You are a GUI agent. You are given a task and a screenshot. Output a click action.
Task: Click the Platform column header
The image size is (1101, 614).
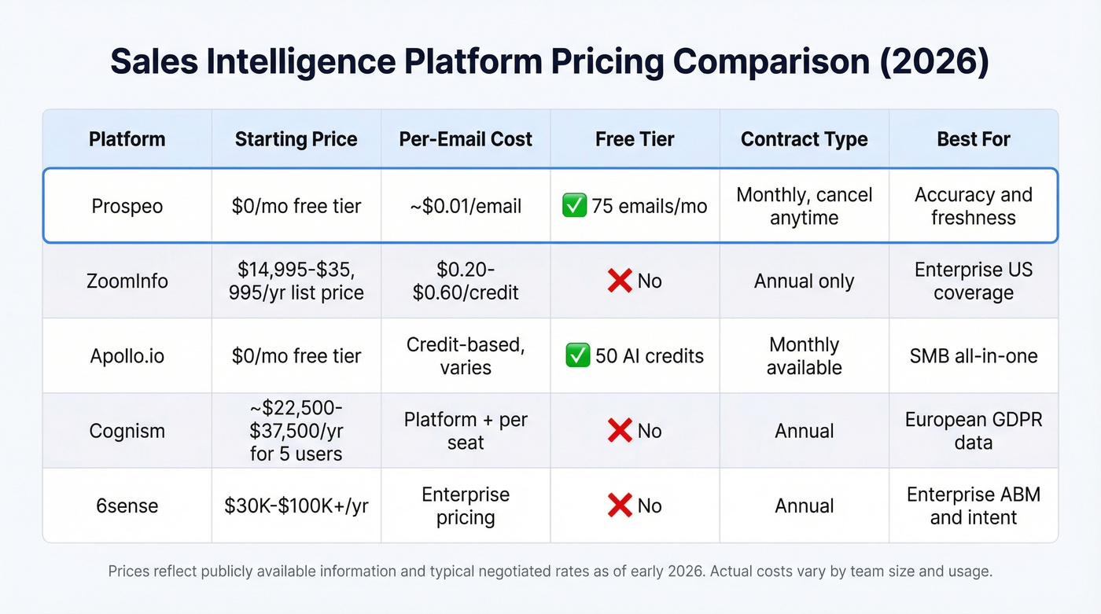coord(127,139)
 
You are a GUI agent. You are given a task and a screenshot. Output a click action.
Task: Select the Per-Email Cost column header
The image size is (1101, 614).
coord(466,139)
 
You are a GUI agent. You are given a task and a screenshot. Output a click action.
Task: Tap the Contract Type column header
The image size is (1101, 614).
coord(804,139)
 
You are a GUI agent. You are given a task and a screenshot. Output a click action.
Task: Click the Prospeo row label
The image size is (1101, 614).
coord(127,206)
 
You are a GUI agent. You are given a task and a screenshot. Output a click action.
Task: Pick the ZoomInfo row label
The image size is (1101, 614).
coord(127,281)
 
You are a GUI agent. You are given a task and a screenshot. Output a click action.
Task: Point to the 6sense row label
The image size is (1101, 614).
coord(127,506)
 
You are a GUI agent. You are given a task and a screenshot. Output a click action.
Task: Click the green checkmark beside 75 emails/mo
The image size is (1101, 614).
coord(574,207)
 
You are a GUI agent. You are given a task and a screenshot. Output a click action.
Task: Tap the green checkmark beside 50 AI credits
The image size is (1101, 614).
coord(578,356)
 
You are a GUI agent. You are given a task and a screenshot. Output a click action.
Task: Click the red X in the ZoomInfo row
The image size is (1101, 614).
coord(620,281)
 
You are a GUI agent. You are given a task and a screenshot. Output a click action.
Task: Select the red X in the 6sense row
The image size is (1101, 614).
coord(620,506)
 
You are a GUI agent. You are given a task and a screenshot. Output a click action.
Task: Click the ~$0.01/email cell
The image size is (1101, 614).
coord(466,206)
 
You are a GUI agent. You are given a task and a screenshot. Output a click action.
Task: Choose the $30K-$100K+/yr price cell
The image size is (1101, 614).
coord(296,506)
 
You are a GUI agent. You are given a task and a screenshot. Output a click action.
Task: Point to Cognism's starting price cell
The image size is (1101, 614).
coord(296,431)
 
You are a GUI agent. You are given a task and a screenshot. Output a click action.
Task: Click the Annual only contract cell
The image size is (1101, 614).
coord(804,281)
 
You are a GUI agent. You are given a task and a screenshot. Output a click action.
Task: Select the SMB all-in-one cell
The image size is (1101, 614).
coord(974,356)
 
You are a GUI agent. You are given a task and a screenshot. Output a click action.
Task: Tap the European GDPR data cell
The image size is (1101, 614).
coord(974,431)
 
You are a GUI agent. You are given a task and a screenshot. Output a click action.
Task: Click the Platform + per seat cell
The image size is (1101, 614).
coord(466,431)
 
